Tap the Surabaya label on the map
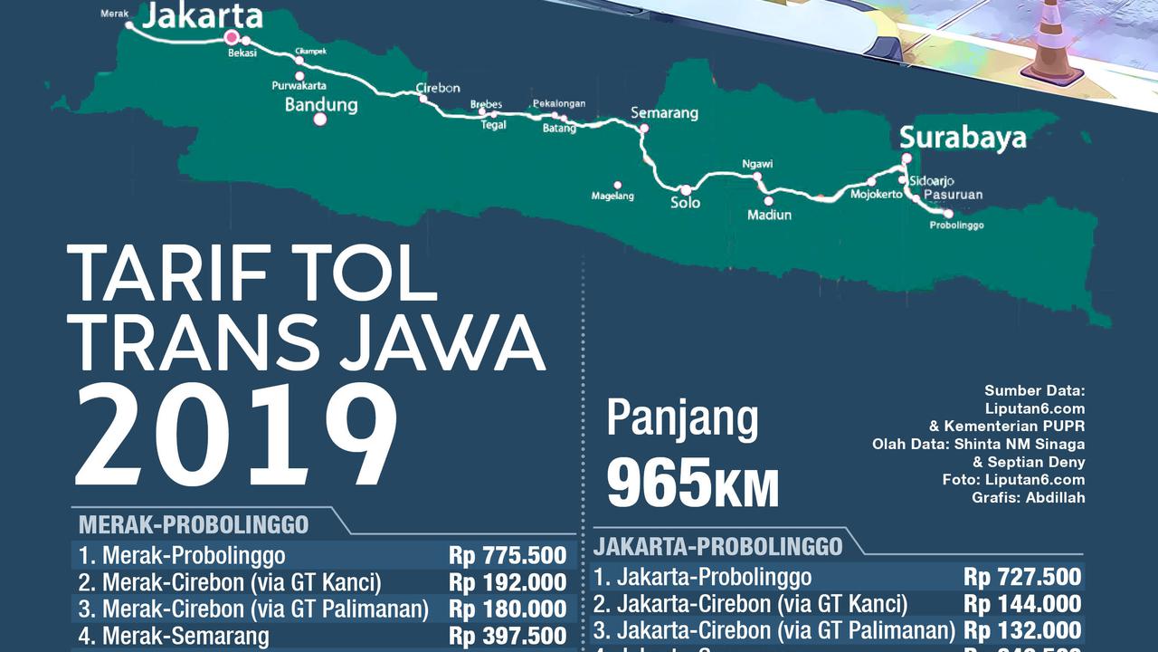[963, 138]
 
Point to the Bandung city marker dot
[319, 119]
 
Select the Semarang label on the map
[664, 113]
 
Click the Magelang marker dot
[618, 185]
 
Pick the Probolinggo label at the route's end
[956, 225]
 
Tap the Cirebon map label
[438, 88]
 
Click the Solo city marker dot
[686, 190]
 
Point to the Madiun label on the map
[769, 215]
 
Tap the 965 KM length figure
[692, 484]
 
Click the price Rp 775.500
[508, 555]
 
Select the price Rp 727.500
[1022, 577]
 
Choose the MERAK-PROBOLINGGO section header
[194, 524]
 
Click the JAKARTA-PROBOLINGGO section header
[718, 546]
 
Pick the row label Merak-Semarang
[185, 637]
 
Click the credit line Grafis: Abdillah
[1029, 497]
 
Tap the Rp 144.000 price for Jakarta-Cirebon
[1022, 604]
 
